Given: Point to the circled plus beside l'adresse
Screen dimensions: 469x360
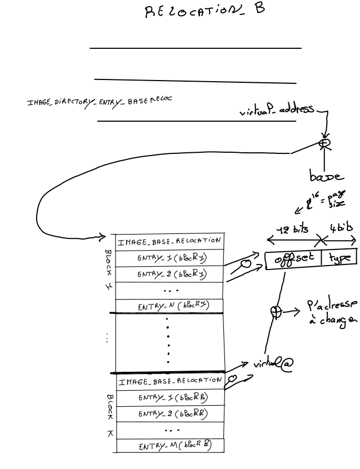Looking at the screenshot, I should (x=274, y=312).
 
